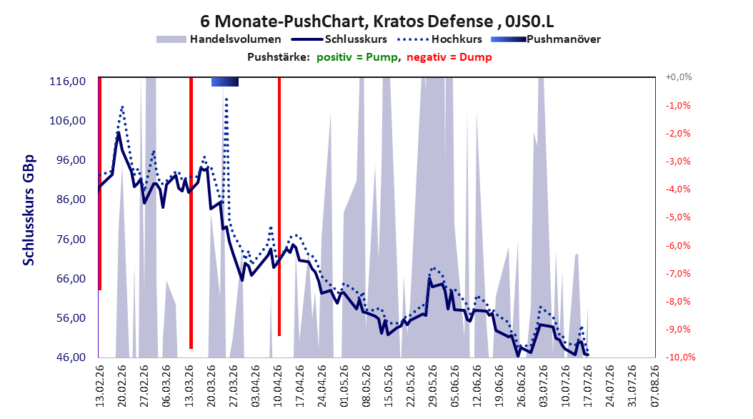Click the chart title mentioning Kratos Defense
376,21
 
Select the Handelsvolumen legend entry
219,39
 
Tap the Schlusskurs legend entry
339,39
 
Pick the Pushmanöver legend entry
546,39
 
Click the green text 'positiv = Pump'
357,57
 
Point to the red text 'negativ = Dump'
449,57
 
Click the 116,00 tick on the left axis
68,82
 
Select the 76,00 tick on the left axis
68,240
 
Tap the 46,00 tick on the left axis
68,358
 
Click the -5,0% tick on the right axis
678,217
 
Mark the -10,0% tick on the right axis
680,357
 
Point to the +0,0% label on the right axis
679,77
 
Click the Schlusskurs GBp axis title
29,210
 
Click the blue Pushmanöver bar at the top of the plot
225,82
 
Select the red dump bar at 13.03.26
191,213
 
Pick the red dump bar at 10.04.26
279,207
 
